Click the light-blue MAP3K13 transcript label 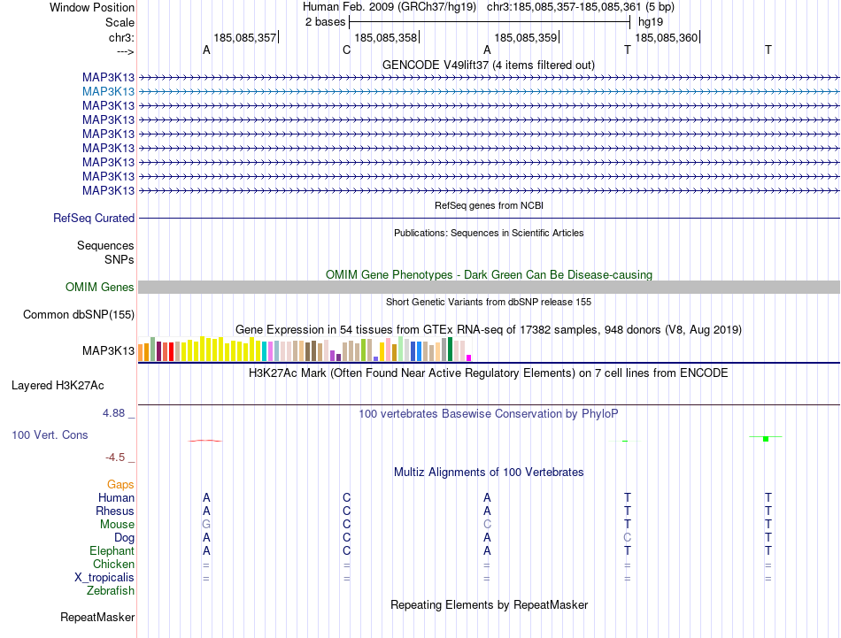[x=108, y=91]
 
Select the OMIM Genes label [x=100, y=288]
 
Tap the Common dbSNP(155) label [x=79, y=315]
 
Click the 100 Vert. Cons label [x=50, y=435]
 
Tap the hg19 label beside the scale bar [x=650, y=21]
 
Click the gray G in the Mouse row [x=206, y=525]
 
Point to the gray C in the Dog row [x=628, y=538]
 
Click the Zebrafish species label [x=111, y=591]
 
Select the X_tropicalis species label [x=104, y=578]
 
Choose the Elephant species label [x=111, y=551]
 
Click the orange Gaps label [x=120, y=485]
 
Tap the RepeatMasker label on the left [x=97, y=617]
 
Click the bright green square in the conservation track [x=765, y=439]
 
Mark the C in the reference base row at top [x=347, y=50]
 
